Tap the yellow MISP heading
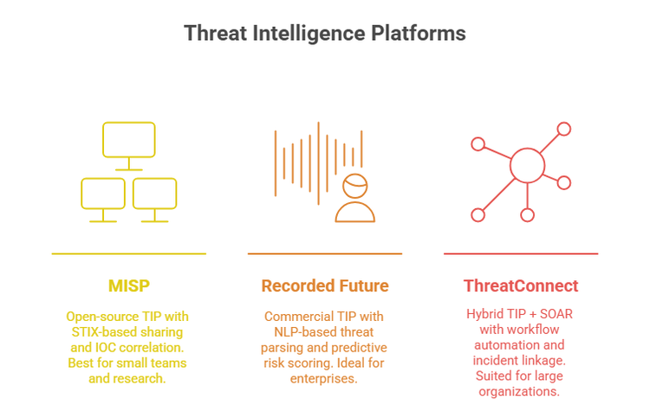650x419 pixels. click(128, 285)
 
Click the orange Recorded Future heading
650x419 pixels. click(325, 285)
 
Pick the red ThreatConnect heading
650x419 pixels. click(520, 285)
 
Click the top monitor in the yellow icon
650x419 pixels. click(128, 140)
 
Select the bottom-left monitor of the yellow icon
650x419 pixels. click(102, 193)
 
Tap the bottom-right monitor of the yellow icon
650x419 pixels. click(154, 193)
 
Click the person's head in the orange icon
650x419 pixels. click(355, 185)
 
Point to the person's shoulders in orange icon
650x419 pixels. click(355, 213)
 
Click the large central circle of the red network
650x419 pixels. click(527, 165)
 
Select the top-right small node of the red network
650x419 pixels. click(564, 129)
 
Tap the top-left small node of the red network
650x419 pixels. click(476, 143)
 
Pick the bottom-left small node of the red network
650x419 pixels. click(477, 214)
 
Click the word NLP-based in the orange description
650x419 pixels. click(298, 332)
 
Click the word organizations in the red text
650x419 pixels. click(520, 391)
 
